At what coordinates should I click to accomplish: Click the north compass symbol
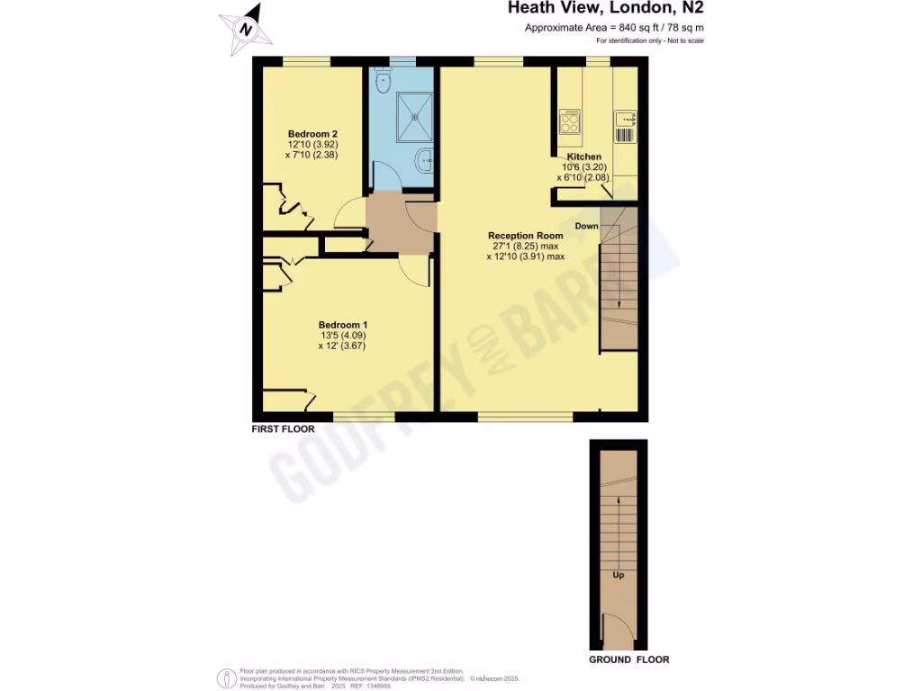pos(246,29)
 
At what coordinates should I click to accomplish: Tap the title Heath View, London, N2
pos(605,9)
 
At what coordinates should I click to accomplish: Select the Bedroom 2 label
pos(312,133)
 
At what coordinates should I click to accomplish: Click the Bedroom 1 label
pos(343,325)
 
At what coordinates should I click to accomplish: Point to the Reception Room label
pos(525,236)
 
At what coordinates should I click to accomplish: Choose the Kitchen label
pos(583,157)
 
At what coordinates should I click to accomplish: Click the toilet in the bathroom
pos(384,80)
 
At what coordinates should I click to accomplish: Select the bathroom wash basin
pos(424,161)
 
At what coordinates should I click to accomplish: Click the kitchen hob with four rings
pos(570,121)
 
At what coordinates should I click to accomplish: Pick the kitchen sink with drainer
pos(625,126)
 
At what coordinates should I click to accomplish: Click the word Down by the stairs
pos(586,226)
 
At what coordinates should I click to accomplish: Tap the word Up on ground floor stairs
pos(618,575)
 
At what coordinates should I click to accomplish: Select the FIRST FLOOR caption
pos(283,430)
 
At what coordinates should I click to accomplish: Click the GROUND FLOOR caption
pos(628,660)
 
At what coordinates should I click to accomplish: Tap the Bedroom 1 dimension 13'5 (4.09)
pos(342,336)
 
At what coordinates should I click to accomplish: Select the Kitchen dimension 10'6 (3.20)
pos(583,167)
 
